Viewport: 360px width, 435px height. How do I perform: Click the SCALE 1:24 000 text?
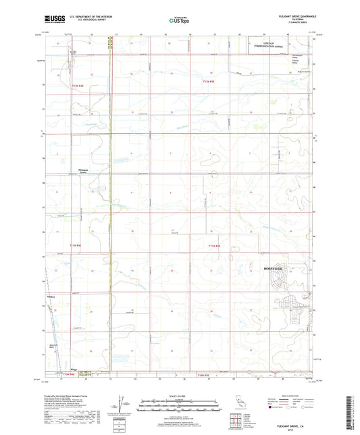[x=180, y=396]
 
